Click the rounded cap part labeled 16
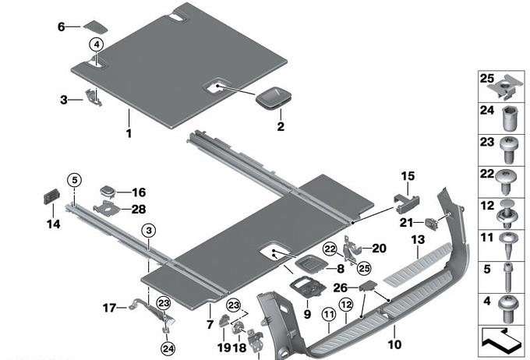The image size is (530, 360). tap(107, 191)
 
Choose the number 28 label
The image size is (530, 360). tap(139, 209)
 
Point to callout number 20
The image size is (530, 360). tap(380, 249)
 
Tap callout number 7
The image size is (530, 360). tap(209, 323)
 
